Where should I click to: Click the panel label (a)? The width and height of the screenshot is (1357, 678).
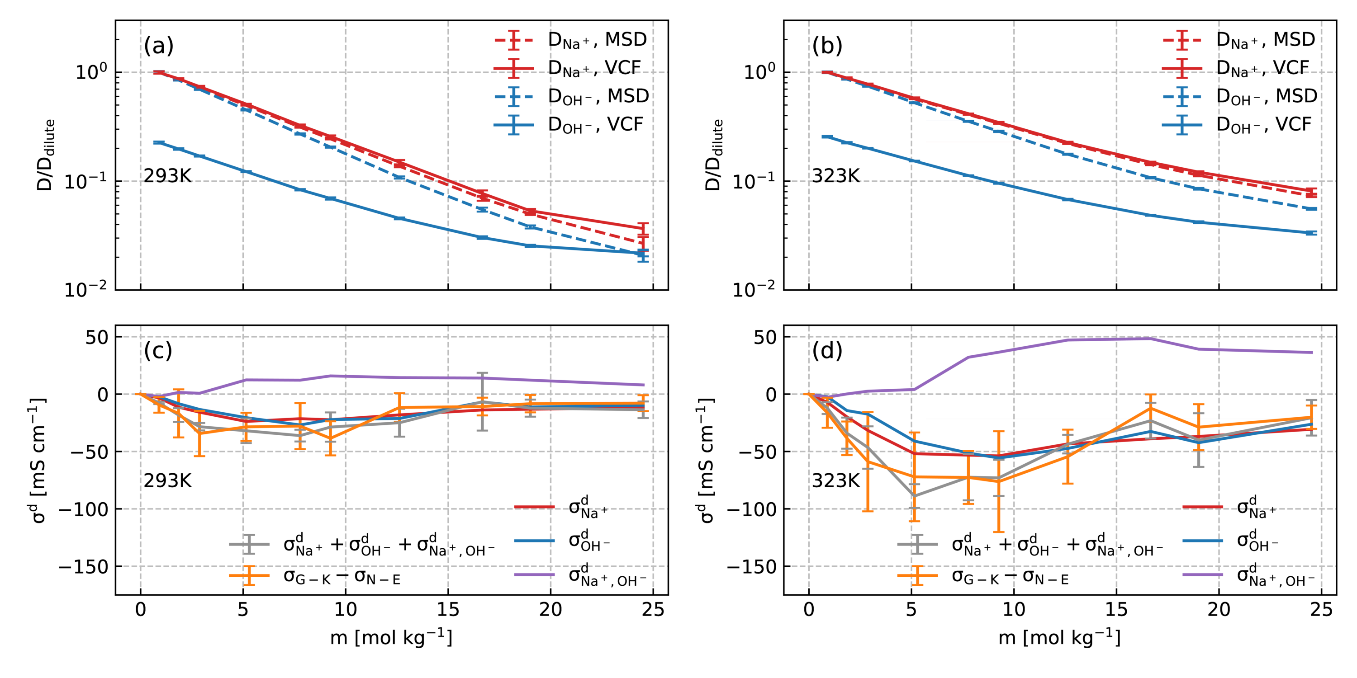tap(159, 46)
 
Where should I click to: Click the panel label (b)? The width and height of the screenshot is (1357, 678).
tap(827, 46)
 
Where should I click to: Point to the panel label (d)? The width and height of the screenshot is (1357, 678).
tap(827, 351)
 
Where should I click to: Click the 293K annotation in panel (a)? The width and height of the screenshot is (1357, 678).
tap(167, 176)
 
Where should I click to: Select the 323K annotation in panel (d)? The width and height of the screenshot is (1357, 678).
tap(835, 480)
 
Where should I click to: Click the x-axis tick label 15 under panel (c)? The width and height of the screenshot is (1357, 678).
tap(448, 610)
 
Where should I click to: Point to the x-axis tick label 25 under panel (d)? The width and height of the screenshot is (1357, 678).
tap(1321, 610)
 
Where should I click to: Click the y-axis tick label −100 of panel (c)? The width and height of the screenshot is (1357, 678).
tap(83, 509)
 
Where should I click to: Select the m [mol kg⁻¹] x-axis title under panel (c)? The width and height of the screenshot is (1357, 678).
tap(391, 637)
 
